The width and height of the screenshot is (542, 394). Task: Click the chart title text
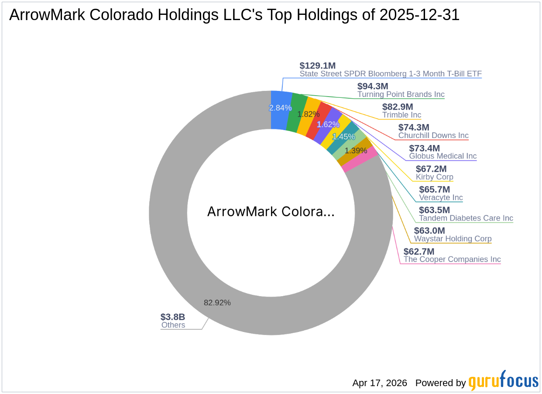coord(234,15)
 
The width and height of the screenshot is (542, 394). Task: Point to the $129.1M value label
coord(317,66)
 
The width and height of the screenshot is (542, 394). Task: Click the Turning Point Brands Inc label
coord(401,94)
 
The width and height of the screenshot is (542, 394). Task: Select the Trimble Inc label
coord(401,115)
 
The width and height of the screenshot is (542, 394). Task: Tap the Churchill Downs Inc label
coord(433,136)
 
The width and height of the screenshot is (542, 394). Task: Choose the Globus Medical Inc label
coord(443,156)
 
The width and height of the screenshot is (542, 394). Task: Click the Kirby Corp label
coord(434,177)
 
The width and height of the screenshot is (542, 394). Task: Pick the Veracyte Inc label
coord(441,197)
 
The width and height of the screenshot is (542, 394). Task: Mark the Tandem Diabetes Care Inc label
coord(466,218)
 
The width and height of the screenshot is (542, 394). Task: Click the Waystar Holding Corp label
coord(453,239)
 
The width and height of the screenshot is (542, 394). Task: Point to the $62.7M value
coord(419,252)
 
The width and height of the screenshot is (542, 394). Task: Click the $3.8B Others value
coord(173,317)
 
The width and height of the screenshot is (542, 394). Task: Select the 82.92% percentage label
coord(217,302)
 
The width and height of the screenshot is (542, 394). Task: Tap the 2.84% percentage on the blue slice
coord(280,108)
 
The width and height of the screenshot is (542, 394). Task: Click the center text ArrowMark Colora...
coord(271,212)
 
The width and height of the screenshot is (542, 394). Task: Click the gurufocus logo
coord(503,381)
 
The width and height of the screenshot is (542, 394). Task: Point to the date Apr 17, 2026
coord(380,383)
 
